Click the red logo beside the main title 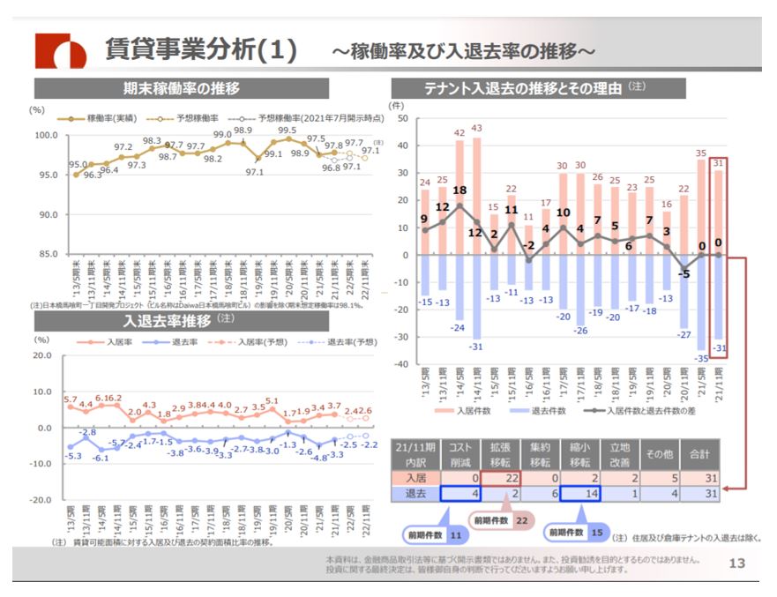pos(60,52)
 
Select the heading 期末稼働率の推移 pos(181,88)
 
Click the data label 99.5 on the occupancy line pos(288,131)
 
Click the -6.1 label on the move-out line pos(100,458)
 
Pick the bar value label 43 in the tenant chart pos(477,129)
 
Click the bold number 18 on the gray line pos(460,190)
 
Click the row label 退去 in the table pos(414,494)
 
